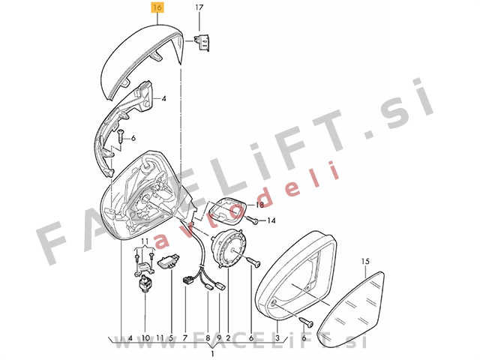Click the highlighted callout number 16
tap(157, 7)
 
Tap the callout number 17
tap(199, 7)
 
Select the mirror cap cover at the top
tap(142, 61)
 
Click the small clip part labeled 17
tap(202, 42)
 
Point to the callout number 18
tap(259, 205)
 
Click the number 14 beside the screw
tap(271, 220)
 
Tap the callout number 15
tap(365, 261)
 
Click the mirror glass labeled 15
tap(350, 310)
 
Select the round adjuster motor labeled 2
tap(229, 250)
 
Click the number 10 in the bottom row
tap(145, 338)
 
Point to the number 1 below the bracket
tap(212, 354)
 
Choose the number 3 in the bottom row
tap(277, 338)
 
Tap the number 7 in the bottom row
tap(185, 338)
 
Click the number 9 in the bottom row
tap(219, 338)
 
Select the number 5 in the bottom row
tap(171, 338)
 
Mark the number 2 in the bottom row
tap(228, 338)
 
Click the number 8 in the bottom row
tap(208, 338)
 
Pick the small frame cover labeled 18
tap(227, 210)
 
